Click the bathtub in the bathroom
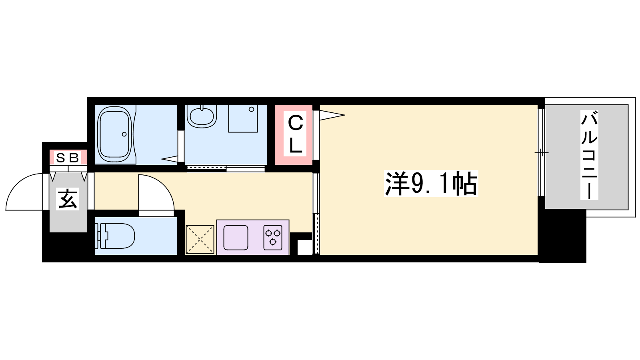114,134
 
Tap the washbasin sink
202,116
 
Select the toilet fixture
115,236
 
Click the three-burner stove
273,238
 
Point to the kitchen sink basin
236,238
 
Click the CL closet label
295,134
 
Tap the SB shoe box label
68,158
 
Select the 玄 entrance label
68,199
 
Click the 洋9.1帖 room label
431,184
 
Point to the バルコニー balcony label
589,155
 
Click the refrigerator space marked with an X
200,240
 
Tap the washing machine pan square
243,118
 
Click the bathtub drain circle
124,134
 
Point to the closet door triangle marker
332,116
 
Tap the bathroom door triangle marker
170,159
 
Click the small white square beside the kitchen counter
305,247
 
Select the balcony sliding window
542,152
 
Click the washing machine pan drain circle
252,109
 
